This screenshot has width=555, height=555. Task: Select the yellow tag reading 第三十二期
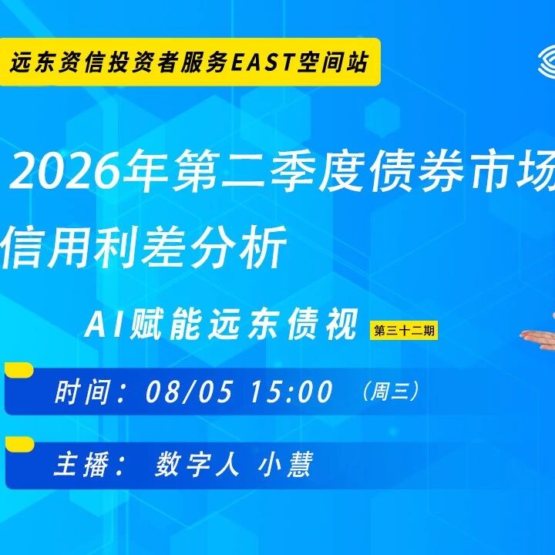pyautogui.click(x=404, y=331)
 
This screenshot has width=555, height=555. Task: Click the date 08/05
pyautogui.click(x=190, y=391)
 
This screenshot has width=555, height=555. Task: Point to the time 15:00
pyautogui.click(x=291, y=391)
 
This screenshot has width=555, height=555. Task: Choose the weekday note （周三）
pyautogui.click(x=391, y=391)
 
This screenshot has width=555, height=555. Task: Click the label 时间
pyautogui.click(x=82, y=392)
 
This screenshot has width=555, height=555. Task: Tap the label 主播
pyautogui.click(x=81, y=464)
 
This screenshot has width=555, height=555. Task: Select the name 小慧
pyautogui.click(x=285, y=464)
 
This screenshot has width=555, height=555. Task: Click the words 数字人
pyautogui.click(x=197, y=464)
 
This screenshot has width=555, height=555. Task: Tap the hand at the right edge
pyautogui.click(x=538, y=338)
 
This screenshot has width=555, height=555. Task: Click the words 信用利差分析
pyautogui.click(x=143, y=247)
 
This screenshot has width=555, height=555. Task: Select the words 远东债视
pyautogui.click(x=282, y=325)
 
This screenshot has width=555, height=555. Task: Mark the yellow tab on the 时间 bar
pyautogui.click(x=19, y=369)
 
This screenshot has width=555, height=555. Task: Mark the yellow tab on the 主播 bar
pyautogui.click(x=20, y=444)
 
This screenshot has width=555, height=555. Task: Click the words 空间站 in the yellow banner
pyautogui.click(x=333, y=62)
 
